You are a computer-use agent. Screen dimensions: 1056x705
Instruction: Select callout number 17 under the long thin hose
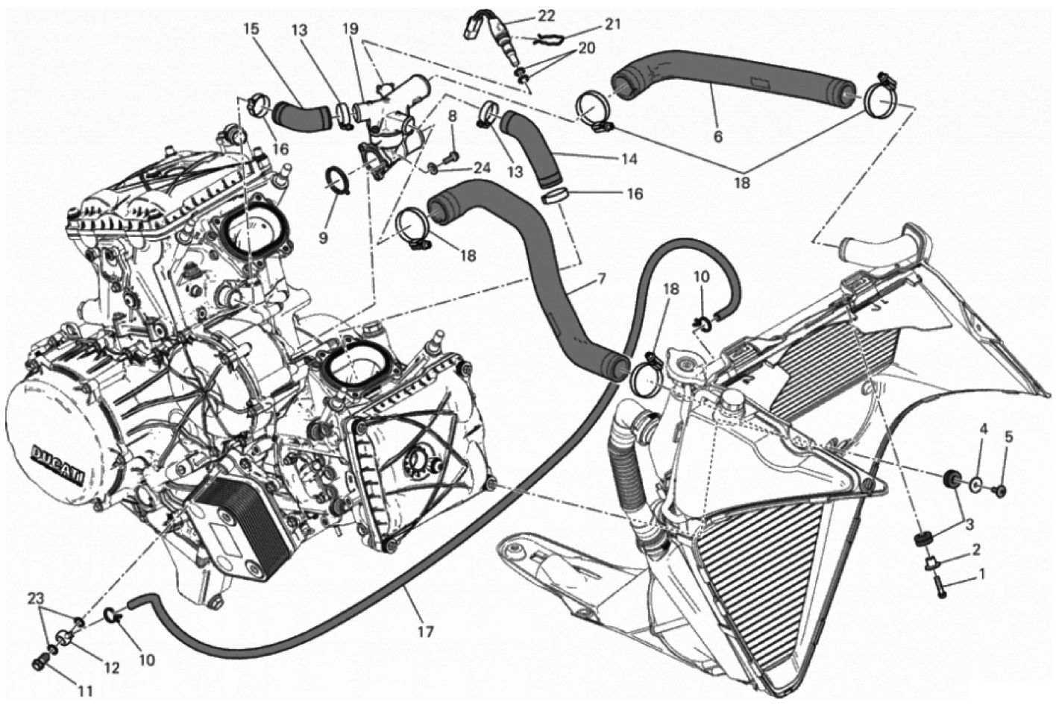coord(425,631)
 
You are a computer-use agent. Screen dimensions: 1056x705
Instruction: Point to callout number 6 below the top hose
coord(718,137)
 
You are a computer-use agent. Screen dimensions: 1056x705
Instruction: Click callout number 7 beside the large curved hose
coord(601,279)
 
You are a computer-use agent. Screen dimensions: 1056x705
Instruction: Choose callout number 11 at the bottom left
coord(85,692)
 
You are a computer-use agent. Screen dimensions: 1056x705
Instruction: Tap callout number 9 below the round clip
coord(323,238)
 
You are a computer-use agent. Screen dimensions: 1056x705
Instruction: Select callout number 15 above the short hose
coord(251,29)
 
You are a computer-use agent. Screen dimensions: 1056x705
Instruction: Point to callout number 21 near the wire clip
coord(612,25)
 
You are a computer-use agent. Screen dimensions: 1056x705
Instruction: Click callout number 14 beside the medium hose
coord(629,159)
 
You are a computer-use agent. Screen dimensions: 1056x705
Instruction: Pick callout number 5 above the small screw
coord(1008,437)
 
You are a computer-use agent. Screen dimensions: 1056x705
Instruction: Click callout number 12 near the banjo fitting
coord(112,668)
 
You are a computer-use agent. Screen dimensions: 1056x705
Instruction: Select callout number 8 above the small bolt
coord(453,116)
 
